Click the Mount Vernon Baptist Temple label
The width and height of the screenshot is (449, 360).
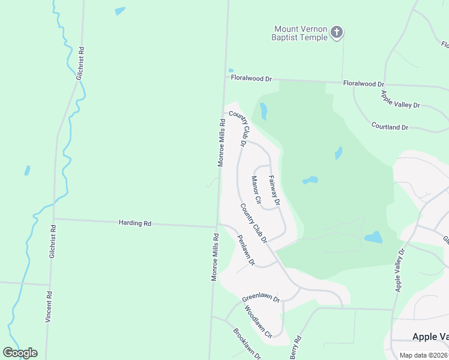(x=300, y=33)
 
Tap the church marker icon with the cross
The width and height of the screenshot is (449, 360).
(x=337, y=32)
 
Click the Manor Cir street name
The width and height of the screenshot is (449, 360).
(x=256, y=190)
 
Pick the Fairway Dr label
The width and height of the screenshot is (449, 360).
(x=274, y=190)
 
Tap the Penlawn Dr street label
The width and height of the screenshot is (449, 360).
(x=247, y=250)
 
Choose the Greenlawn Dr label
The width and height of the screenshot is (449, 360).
(x=261, y=298)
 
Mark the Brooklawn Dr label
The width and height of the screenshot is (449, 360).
(x=247, y=343)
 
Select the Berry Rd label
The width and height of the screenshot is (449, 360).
(x=295, y=347)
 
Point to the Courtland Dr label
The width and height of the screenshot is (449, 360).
(x=390, y=127)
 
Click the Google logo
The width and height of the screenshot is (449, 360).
(x=20, y=352)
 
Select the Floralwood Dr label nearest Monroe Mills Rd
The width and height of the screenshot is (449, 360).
(x=252, y=79)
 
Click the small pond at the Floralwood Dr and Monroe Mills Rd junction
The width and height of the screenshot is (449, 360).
(x=231, y=70)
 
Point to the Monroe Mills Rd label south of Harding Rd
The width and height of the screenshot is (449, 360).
(x=214, y=257)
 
